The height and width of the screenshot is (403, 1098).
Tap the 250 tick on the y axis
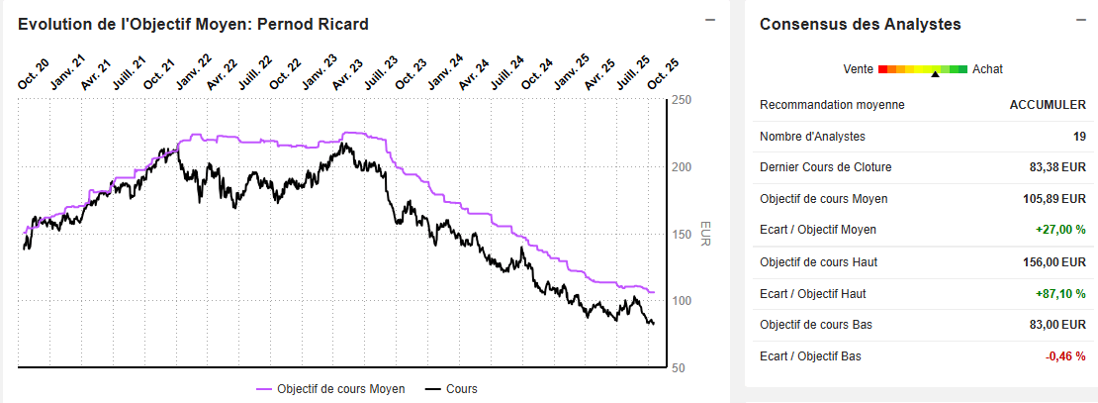681,100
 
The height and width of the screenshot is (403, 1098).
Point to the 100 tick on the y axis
681,301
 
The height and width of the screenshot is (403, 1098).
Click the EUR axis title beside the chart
705,234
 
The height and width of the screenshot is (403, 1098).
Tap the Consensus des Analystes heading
861,24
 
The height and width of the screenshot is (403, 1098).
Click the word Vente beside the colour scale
858,69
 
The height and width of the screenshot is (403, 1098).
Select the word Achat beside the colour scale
987,69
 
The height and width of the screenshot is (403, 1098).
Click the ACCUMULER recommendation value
1048,105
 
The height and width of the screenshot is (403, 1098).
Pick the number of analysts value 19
1078,137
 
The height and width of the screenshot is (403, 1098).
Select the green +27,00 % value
1060,230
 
